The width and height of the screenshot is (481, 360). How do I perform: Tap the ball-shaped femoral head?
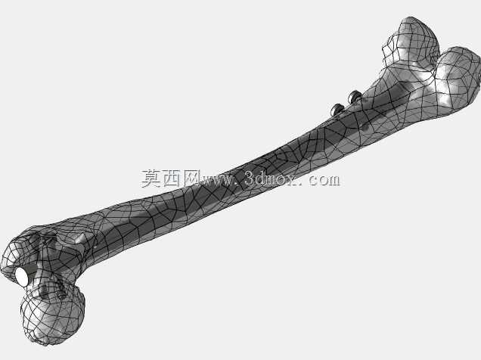[x=53, y=315]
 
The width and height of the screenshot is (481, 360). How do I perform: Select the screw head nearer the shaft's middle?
[x=337, y=110]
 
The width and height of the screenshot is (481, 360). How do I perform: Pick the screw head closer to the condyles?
[x=355, y=97]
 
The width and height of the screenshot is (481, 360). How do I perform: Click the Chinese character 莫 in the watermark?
[x=151, y=178]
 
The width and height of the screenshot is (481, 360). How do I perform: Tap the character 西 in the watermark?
[x=171, y=178]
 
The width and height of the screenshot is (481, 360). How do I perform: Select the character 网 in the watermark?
[x=191, y=178]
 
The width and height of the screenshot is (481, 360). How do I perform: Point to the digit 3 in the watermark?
[x=250, y=178]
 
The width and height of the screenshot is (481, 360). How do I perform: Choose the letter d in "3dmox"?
[x=262, y=178]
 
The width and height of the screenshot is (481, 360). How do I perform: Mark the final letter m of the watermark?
[x=333, y=180]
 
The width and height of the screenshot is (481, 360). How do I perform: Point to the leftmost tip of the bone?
[x=1, y=270]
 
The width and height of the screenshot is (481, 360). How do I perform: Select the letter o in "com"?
[x=320, y=181]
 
